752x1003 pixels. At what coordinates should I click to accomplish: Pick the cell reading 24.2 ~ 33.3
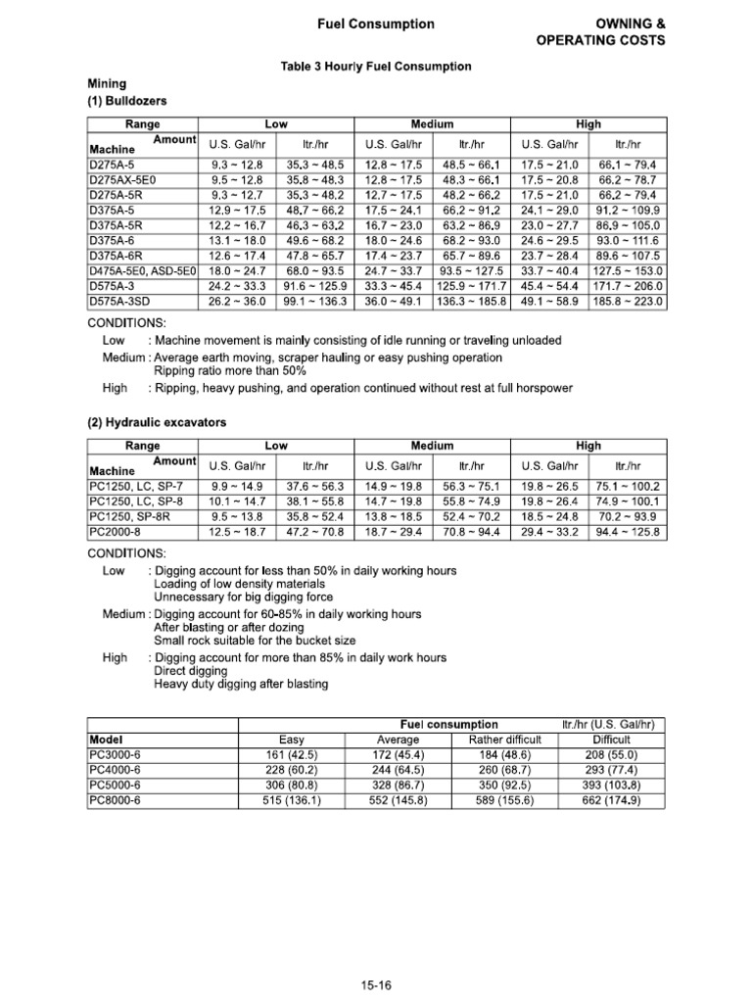pyautogui.click(x=239, y=286)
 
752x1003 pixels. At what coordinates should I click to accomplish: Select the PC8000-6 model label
pyautogui.click(x=115, y=800)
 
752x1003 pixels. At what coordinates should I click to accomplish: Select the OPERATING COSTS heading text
pyautogui.click(x=600, y=40)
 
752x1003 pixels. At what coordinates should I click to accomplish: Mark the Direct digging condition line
pyautogui.click(x=191, y=671)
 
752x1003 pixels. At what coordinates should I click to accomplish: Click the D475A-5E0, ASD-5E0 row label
pyautogui.click(x=143, y=270)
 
